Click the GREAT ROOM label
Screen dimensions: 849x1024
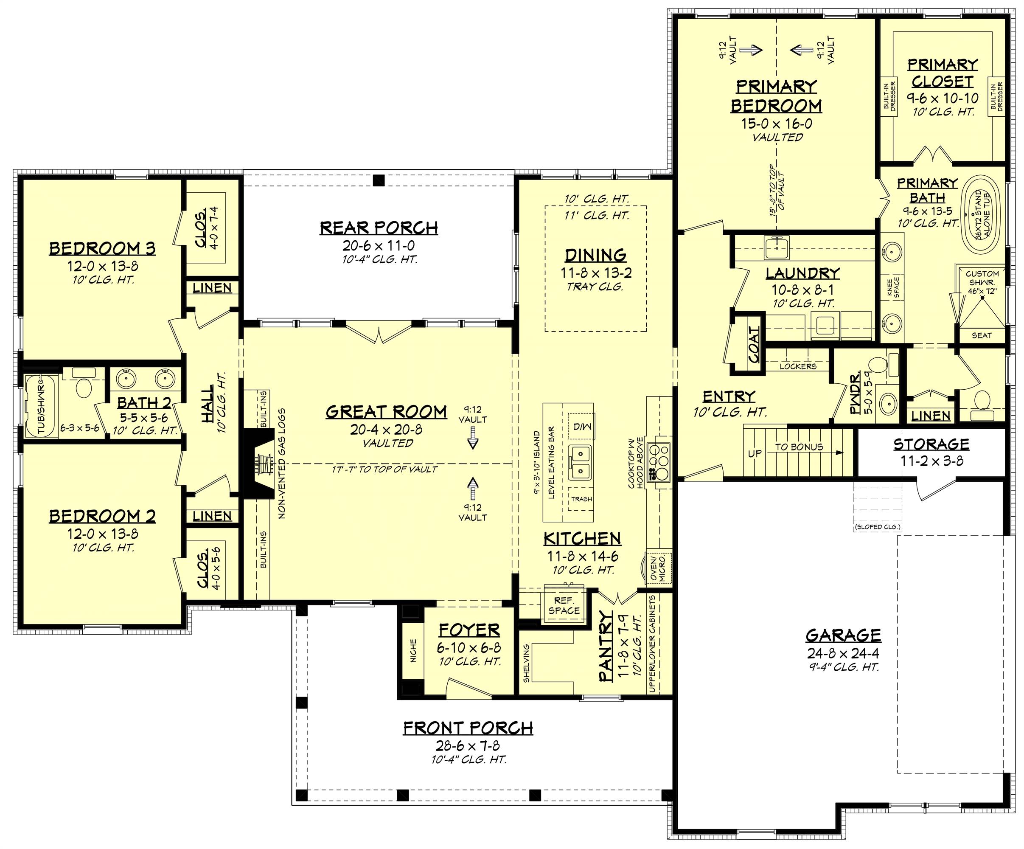(x=386, y=412)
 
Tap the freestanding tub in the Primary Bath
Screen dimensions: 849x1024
(x=982, y=214)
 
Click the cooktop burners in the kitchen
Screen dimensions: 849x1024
(x=661, y=461)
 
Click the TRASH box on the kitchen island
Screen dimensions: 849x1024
(x=581, y=499)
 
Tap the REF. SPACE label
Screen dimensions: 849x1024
(x=564, y=606)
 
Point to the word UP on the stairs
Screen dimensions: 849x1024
(x=755, y=453)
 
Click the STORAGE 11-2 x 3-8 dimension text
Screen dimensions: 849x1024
(x=931, y=461)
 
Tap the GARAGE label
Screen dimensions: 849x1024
(x=843, y=635)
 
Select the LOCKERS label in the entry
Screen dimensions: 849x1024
(x=798, y=366)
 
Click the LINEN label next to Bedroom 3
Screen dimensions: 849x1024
(x=212, y=288)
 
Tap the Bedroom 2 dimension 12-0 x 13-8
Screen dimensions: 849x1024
(x=102, y=534)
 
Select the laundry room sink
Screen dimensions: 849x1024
(x=776, y=246)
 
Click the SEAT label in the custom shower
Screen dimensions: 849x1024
(x=981, y=335)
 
